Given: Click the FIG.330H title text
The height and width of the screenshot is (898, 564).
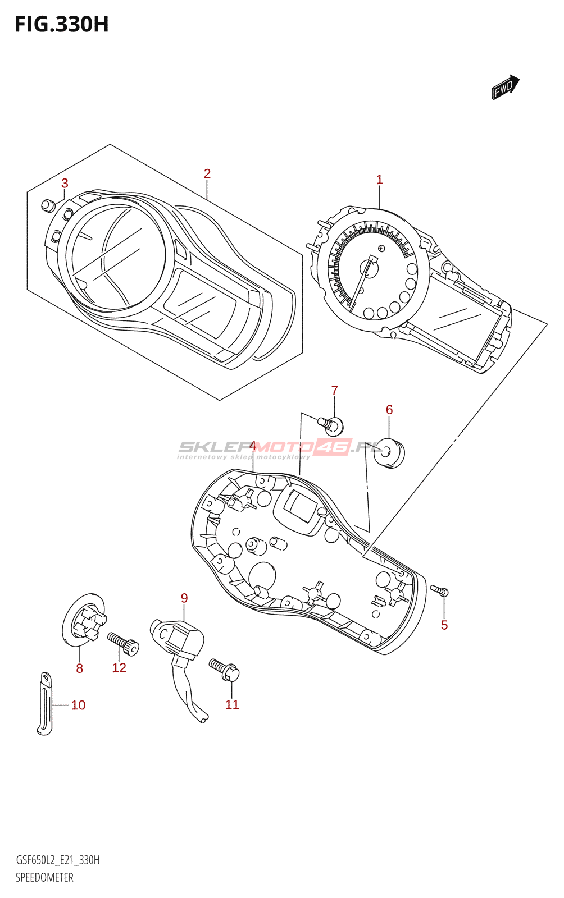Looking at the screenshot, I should click(62, 25).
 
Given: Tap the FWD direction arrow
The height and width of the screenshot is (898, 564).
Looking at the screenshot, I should click(505, 87).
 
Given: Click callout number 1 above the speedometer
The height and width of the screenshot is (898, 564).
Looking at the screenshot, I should click(379, 180).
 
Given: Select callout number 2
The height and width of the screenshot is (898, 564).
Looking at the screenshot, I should click(207, 174).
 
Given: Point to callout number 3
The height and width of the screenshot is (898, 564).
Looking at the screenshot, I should click(65, 183).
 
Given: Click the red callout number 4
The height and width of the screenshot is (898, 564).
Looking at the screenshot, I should click(253, 446).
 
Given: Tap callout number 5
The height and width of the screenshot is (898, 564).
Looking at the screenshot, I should click(444, 625).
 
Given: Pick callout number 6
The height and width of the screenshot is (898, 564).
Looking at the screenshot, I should click(389, 410).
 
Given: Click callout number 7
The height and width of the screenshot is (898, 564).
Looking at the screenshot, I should click(334, 390).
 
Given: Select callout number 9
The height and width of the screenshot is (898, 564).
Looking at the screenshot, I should click(184, 598).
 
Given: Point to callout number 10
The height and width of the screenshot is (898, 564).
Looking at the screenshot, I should click(78, 705).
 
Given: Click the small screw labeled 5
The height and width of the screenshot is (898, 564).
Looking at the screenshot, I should click(439, 590).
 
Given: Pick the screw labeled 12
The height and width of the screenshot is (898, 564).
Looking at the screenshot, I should click(123, 643).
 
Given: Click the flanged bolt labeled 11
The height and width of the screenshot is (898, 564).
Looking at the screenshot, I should click(225, 670).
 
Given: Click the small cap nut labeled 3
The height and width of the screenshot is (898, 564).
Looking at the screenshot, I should click(48, 205).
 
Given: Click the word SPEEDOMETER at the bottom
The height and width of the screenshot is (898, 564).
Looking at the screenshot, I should click(44, 877).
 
